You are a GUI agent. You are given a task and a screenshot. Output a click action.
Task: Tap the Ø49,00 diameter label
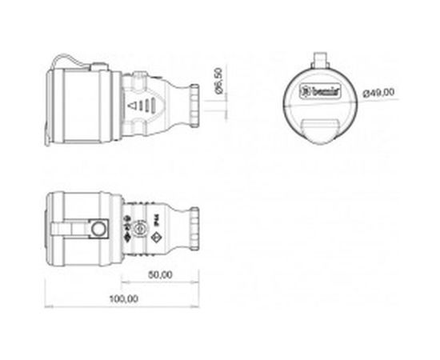click(378, 94)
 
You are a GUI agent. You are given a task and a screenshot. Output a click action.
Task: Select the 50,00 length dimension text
click(161, 274)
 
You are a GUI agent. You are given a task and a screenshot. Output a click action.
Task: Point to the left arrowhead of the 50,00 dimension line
click(124, 282)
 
